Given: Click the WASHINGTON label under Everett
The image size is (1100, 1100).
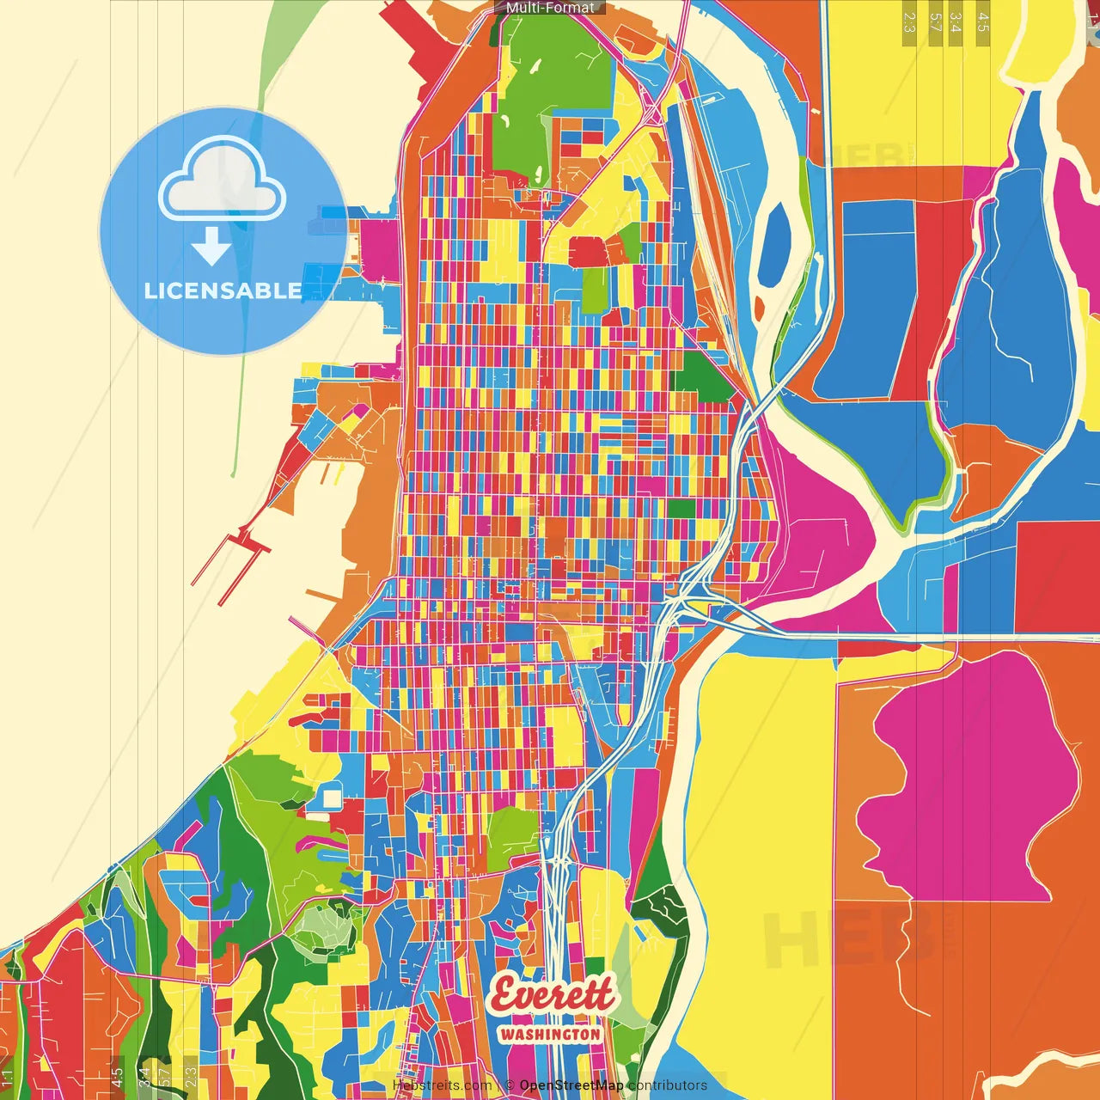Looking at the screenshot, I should (550, 1034).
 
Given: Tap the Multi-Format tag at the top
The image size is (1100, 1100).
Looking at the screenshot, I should (550, 8).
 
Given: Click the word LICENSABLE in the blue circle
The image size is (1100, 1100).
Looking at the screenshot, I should (223, 290).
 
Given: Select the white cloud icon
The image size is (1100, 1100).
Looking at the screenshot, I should (223, 178).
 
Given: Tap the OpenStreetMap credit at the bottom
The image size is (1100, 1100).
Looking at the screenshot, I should (571, 1085).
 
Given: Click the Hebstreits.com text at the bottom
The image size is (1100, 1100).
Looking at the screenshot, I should (442, 1085).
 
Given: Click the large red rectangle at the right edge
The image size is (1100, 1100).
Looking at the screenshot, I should (1057, 576).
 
